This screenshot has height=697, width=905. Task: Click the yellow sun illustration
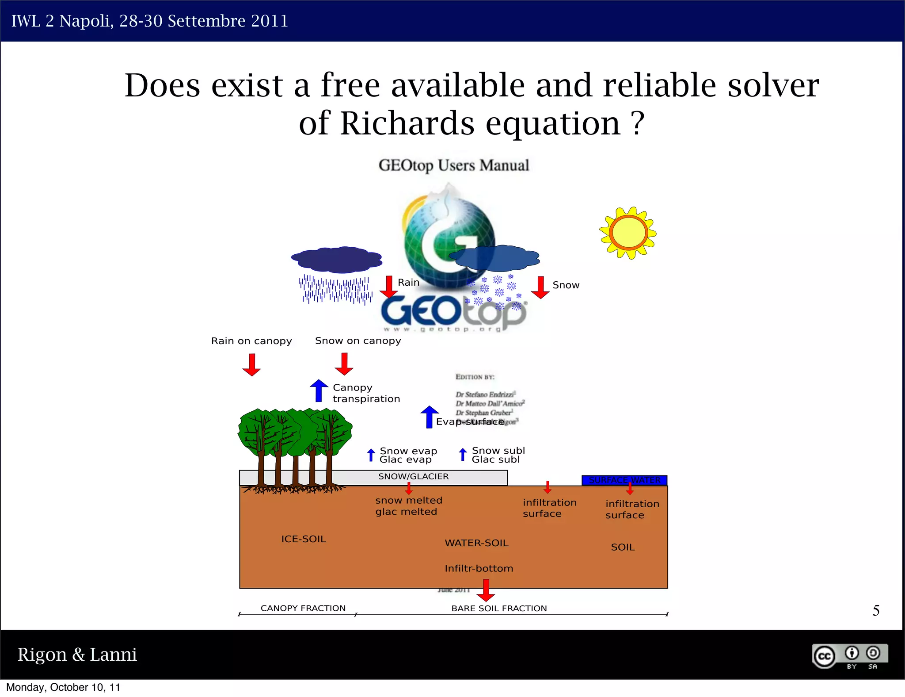[x=628, y=233]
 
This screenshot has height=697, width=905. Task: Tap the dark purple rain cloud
[x=337, y=260]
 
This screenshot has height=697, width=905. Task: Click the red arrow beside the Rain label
[x=389, y=287]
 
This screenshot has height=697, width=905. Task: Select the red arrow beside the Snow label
[x=540, y=287]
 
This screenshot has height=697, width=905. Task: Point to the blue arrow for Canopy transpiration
[x=319, y=391]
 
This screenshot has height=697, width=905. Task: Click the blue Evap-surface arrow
[x=429, y=417]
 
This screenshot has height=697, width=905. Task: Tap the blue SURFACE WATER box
[x=624, y=480]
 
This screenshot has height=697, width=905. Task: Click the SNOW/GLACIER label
[x=413, y=476]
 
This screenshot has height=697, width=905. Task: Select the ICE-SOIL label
[x=304, y=539]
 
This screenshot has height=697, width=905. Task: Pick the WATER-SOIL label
[x=476, y=543]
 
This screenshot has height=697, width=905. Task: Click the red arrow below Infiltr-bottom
[x=486, y=590]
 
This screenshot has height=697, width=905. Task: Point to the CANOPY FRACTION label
[x=303, y=608]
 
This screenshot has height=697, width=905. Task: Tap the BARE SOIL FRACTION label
[x=499, y=609]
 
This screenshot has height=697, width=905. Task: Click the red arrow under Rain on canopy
[x=251, y=364]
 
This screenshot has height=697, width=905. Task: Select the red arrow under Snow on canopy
[x=344, y=364]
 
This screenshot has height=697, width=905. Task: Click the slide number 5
[x=876, y=611]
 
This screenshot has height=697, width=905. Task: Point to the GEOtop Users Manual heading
[x=453, y=165]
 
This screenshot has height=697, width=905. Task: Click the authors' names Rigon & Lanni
[x=77, y=655]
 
